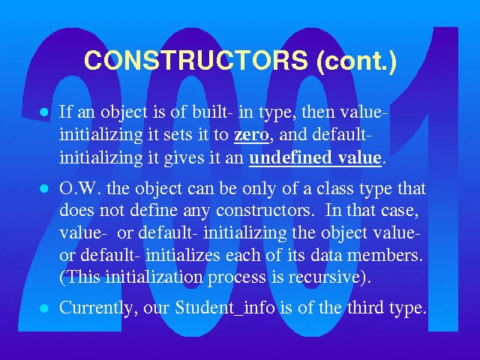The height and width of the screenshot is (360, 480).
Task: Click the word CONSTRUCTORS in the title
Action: [196, 60]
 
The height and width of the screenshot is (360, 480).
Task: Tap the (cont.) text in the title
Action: [357, 61]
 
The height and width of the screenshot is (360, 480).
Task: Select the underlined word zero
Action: [252, 135]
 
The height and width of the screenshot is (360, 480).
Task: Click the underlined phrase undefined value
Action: [316, 157]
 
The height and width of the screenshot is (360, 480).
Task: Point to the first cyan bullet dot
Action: [44, 112]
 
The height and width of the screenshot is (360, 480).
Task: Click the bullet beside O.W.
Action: [44, 188]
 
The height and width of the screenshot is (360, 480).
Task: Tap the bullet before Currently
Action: [44, 308]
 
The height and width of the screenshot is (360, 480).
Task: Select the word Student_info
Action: [225, 307]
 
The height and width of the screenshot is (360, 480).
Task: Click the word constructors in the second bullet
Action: [263, 211]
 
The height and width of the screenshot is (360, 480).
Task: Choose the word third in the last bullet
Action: [365, 307]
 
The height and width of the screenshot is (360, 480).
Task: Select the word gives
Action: [184, 158]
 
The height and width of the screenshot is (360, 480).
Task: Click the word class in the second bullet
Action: [335, 188]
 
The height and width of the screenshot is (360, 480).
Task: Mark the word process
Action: [237, 278]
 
